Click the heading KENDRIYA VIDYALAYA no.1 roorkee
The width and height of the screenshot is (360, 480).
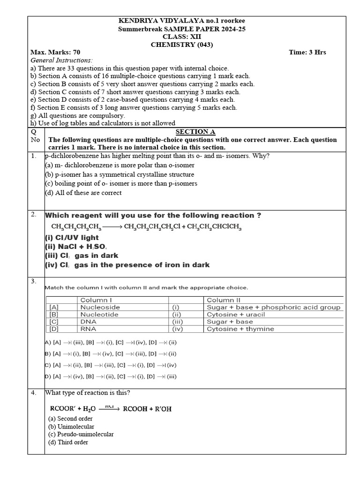coord(182,21)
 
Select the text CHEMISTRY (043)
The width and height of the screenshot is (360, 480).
coord(182,45)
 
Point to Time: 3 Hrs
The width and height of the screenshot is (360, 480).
coord(307,52)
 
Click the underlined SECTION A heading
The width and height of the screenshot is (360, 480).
coord(195,132)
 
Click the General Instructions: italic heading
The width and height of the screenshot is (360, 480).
coord(61,60)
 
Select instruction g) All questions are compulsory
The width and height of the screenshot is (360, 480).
coord(78,115)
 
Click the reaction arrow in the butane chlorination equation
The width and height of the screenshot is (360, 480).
coord(112,227)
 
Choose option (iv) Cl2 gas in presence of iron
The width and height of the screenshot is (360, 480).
coord(127,265)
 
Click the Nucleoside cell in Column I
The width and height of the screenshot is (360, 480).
coord(100,307)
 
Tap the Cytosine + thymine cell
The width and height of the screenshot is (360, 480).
coord(240,329)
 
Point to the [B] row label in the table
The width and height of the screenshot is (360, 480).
coord(53,315)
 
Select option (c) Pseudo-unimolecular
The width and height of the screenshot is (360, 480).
coord(81,435)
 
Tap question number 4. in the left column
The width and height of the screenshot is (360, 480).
coord(34,393)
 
